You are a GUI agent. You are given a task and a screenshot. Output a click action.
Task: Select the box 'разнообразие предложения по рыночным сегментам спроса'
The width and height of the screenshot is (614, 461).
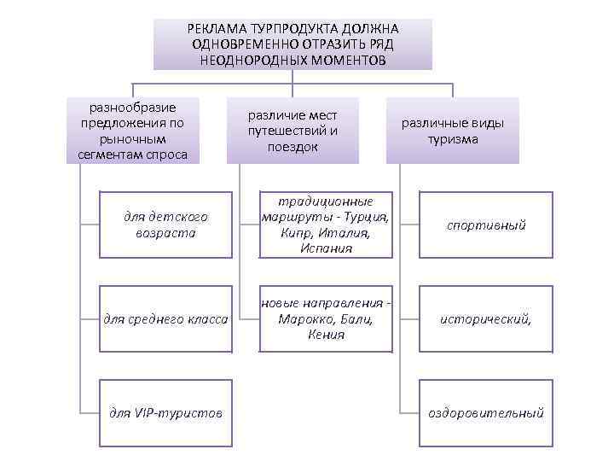[132, 131]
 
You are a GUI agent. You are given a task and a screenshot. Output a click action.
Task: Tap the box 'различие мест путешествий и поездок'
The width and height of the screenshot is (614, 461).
[293, 131]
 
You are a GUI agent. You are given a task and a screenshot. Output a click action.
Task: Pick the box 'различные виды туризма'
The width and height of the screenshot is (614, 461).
[453, 131]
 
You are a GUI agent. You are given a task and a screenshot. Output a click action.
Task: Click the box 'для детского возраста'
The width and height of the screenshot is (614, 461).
[165, 225]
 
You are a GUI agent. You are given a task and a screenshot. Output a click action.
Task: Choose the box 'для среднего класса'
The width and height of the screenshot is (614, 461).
[165, 318]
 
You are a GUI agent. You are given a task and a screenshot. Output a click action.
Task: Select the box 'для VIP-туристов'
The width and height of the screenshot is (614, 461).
[165, 412]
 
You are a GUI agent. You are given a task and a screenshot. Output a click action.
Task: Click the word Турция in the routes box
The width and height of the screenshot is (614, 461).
[366, 217]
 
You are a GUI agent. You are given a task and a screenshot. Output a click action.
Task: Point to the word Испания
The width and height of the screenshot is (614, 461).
[325, 248]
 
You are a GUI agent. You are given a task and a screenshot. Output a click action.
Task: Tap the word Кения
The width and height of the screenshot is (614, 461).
[325, 335]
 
